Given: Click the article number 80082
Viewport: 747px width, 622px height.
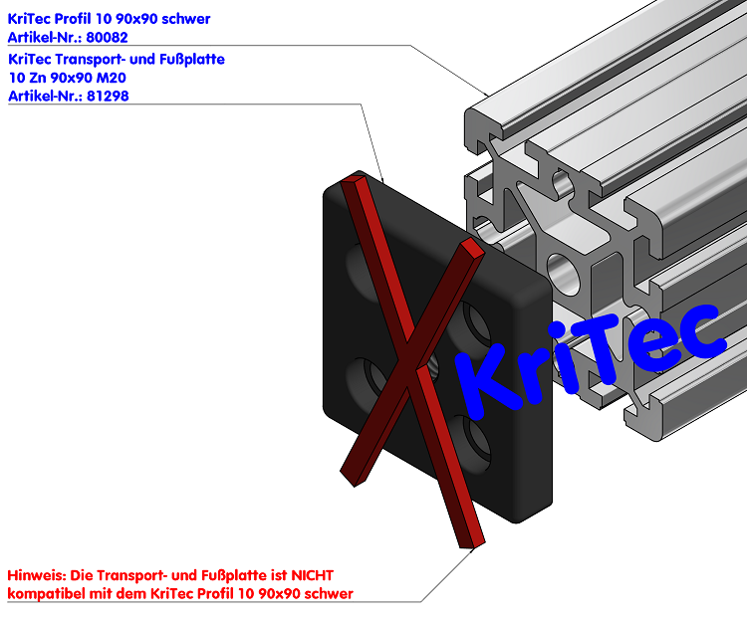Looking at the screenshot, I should click(108, 37).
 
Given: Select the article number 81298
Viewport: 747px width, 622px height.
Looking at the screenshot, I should click(108, 97).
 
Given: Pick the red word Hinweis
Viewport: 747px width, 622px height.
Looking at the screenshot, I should click(36, 575).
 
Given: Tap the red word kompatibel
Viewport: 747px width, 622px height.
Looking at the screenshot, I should click(46, 594).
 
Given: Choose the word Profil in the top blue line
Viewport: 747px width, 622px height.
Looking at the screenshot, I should click(80, 18).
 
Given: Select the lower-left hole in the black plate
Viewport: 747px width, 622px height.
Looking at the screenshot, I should click(365, 377).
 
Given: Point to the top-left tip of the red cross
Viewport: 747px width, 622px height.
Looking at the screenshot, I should click(353, 182).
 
